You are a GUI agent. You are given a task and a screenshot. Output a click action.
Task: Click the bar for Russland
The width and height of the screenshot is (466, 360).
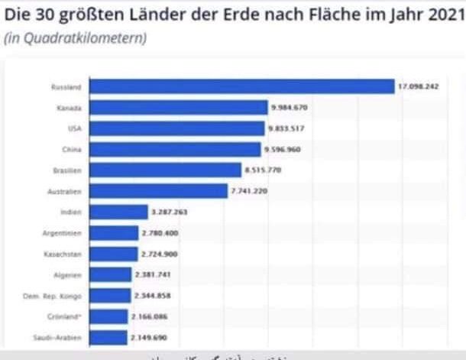click(x=241, y=86)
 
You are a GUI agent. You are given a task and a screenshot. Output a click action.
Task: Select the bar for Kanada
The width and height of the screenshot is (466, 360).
click(x=177, y=108)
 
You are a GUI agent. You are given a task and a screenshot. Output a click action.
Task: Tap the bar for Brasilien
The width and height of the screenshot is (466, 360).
click(x=164, y=170)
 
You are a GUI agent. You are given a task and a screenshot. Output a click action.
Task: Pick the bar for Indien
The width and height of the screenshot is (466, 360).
click(x=118, y=212)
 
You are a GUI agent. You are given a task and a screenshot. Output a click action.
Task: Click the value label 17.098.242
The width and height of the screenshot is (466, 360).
click(x=418, y=87)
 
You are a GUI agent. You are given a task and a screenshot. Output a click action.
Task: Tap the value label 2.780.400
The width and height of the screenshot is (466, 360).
click(x=160, y=232)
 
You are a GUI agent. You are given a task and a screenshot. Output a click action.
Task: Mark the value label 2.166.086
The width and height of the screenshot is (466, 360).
click(x=149, y=316)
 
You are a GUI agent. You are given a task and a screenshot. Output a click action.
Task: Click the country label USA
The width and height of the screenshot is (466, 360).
click(x=75, y=128)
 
